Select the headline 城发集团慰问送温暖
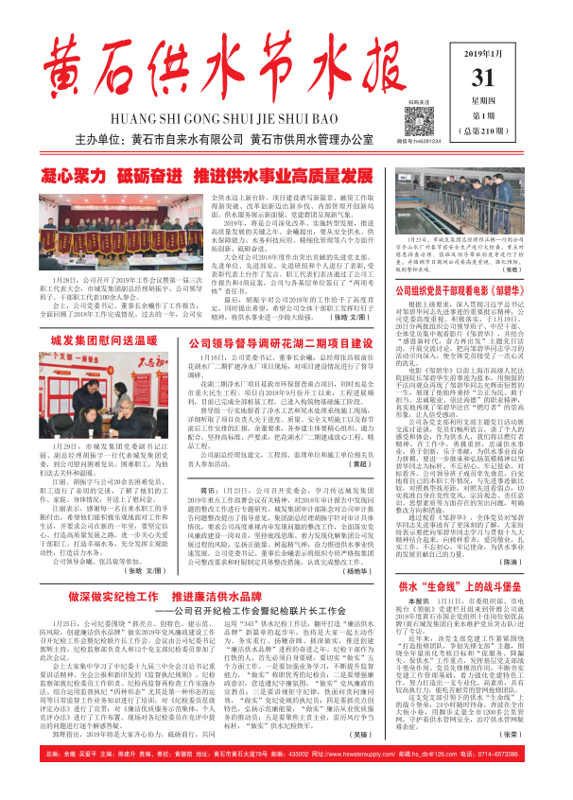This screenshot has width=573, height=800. coord(98,339)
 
